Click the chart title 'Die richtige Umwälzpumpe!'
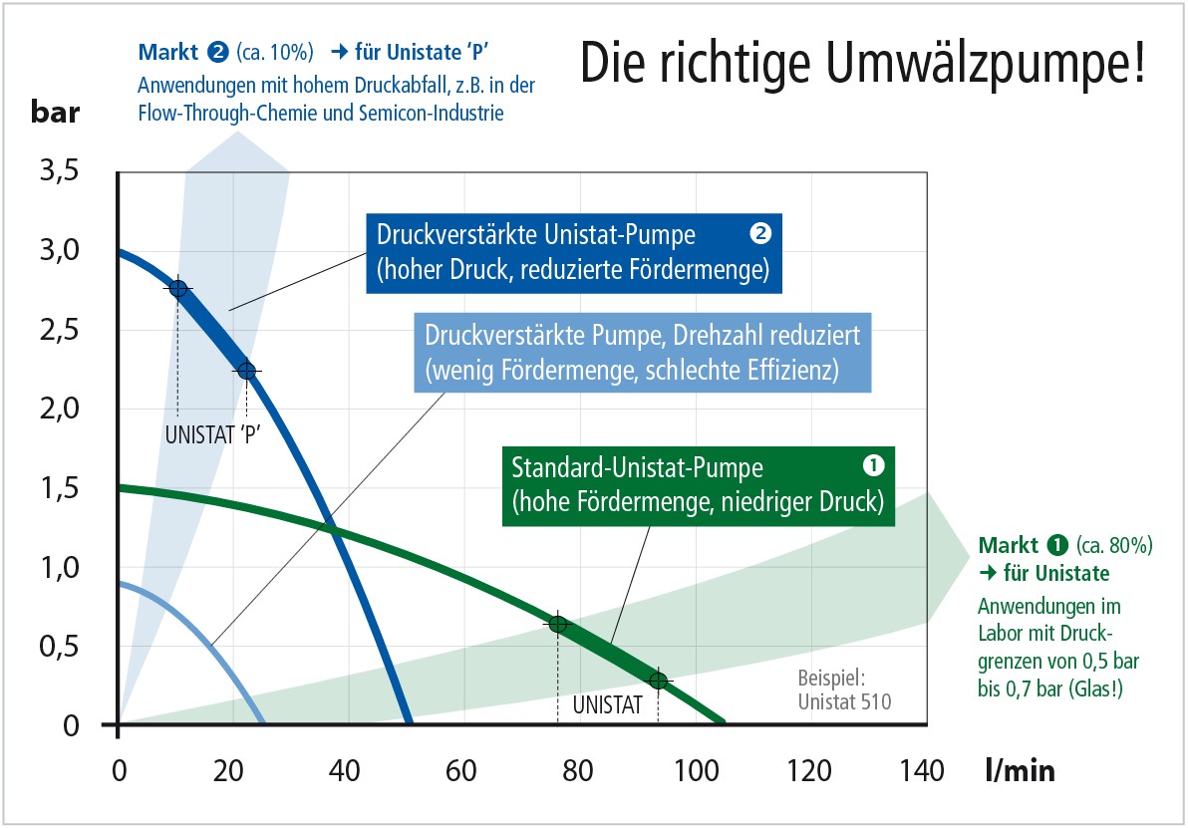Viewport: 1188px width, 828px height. coord(861,63)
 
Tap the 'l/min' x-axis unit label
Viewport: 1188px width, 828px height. coord(1019,770)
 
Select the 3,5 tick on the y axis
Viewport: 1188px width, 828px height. coord(58,171)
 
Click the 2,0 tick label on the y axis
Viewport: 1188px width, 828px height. coord(58,410)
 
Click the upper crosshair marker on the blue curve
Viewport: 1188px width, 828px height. coord(178,289)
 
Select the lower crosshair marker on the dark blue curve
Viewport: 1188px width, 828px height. coord(246,372)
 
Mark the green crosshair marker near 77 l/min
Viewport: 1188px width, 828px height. coord(557,625)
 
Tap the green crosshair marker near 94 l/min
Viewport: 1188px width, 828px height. coord(658,681)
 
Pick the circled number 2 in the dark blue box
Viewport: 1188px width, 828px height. coord(759,235)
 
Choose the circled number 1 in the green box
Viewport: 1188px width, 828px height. coord(872,465)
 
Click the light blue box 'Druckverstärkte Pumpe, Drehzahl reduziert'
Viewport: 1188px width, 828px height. coord(641,351)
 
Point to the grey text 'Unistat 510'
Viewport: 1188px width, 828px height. coord(844,701)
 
